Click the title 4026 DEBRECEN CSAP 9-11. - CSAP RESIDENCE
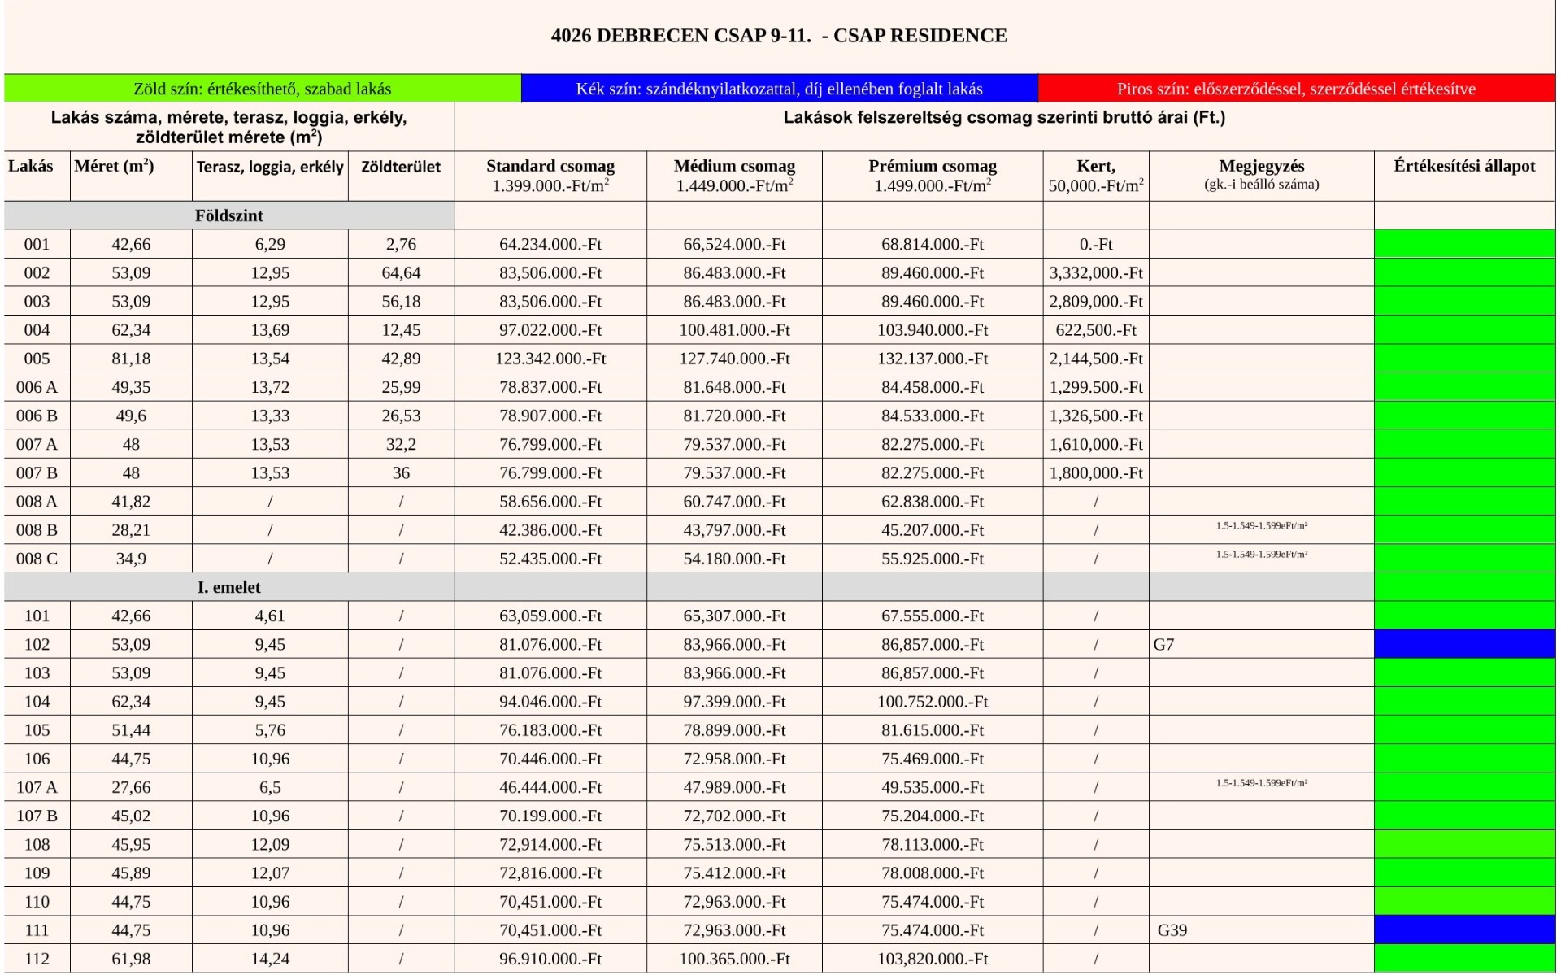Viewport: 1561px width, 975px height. [778, 36]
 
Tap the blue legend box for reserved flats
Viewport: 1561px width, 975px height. [779, 89]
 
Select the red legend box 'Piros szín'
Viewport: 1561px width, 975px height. [1296, 89]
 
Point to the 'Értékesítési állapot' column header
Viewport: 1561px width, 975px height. [1464, 167]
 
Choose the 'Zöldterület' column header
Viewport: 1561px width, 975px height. [401, 167]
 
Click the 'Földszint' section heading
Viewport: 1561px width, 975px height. [228, 215]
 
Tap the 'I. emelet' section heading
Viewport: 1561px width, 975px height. [228, 587]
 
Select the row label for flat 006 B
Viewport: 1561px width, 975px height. [37, 416]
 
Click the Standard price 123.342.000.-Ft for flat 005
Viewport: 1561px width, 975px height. [550, 359]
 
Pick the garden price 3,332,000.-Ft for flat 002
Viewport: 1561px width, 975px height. [1095, 273]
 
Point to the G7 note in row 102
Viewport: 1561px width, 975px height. [1163, 645]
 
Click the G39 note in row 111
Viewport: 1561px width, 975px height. [1172, 930]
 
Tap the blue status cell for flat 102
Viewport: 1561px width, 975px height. [1464, 644]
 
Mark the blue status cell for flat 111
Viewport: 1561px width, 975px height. [1464, 929]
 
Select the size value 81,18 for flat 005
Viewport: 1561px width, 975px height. [131, 359]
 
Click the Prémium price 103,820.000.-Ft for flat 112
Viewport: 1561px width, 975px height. [933, 959]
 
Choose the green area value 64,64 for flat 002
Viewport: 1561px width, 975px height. [401, 273]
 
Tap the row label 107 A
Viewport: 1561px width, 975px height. [37, 787]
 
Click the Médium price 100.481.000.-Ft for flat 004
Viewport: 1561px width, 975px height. [734, 330]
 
